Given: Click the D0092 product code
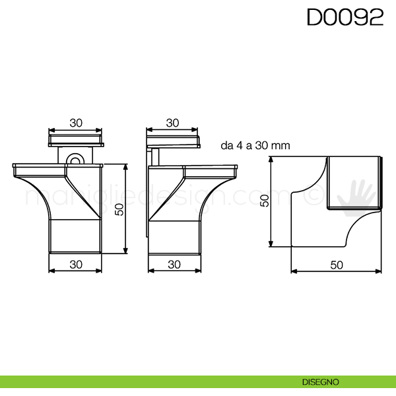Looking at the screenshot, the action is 345,17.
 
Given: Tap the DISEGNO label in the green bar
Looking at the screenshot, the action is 321,382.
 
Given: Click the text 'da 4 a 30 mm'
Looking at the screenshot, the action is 255,145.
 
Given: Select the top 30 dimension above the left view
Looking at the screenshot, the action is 76,123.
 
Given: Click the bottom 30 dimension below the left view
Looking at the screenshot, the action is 76,265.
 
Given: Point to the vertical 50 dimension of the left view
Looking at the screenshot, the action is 119,209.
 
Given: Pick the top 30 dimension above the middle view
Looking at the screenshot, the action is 172,123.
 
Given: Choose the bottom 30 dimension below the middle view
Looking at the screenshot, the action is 174,265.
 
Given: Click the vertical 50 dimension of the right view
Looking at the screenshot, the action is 265,201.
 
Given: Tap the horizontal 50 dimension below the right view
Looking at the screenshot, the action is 337,265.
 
